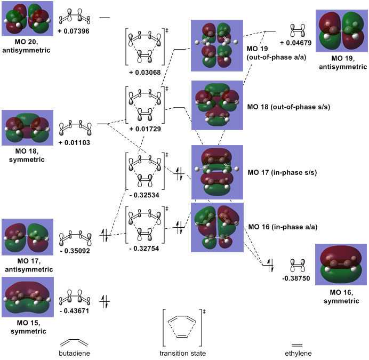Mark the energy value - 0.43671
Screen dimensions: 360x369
(x=74, y=310)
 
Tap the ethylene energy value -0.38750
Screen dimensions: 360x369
(x=298, y=278)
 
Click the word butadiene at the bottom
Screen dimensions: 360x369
(x=74, y=353)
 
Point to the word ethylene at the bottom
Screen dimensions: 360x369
(x=297, y=353)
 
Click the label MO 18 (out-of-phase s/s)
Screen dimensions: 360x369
(x=288, y=107)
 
